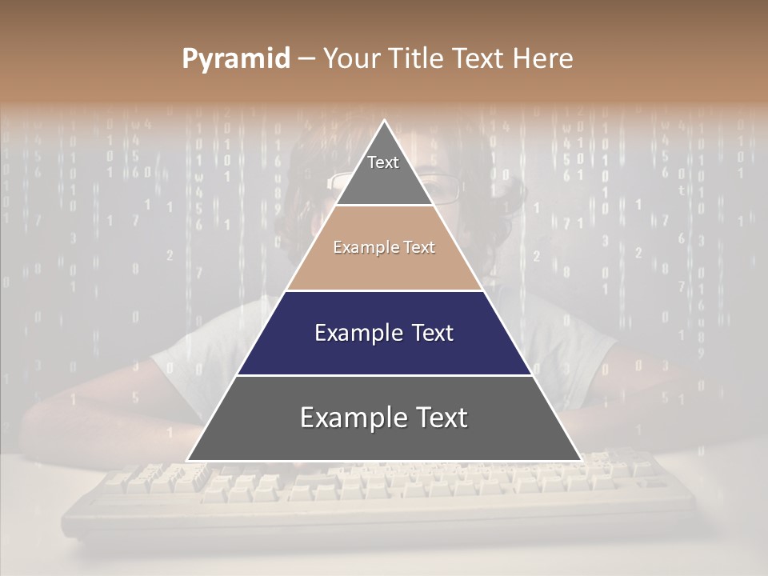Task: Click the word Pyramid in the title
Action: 236,59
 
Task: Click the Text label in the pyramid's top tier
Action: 383,162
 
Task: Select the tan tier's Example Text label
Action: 384,247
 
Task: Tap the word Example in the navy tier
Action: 352,333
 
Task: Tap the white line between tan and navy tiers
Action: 384,290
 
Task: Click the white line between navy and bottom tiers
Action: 384,375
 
